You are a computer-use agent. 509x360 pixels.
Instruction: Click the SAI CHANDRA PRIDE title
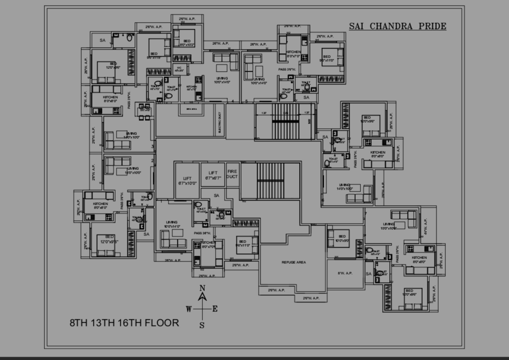(397, 26)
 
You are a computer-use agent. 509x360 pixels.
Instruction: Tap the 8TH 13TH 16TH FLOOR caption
(125, 323)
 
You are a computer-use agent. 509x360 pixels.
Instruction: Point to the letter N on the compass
(202, 288)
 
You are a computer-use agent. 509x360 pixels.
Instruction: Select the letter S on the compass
(202, 325)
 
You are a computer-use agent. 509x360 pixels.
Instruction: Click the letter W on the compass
(189, 310)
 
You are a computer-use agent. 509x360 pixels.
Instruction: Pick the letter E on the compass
(215, 310)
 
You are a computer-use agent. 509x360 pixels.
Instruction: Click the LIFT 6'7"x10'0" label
(187, 181)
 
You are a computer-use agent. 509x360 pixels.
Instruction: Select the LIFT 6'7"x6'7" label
(213, 176)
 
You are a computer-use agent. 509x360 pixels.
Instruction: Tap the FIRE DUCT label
(232, 174)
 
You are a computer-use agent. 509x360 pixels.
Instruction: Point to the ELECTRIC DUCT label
(220, 122)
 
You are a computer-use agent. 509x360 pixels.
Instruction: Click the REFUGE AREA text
(294, 262)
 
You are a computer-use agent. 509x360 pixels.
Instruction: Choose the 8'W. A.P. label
(345, 273)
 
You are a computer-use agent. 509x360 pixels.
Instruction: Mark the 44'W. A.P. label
(426, 226)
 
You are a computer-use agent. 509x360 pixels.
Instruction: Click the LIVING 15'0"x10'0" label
(389, 226)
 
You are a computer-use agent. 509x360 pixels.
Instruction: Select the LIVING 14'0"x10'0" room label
(344, 187)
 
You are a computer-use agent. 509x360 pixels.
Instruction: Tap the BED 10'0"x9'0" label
(342, 238)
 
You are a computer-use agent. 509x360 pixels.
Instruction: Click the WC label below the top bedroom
(179, 69)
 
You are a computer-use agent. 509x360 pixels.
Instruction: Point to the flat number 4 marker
(233, 101)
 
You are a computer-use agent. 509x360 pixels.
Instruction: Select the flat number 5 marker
(247, 101)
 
